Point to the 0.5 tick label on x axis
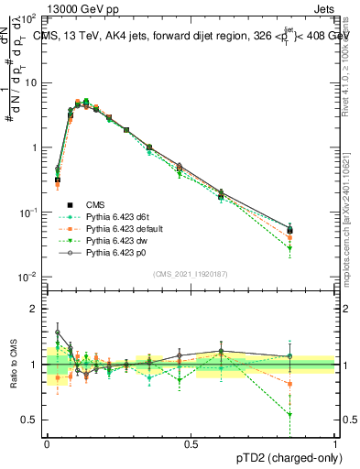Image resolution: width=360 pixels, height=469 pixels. pos(191,444)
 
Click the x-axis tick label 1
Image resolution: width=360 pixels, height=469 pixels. pos(335,444)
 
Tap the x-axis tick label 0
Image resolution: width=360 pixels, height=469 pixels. pos(47,444)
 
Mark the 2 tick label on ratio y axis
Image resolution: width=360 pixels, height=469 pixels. pos(34,309)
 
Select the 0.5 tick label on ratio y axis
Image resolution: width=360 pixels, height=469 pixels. pos(29,420)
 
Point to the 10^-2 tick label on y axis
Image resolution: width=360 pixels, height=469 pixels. pos(27,277)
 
